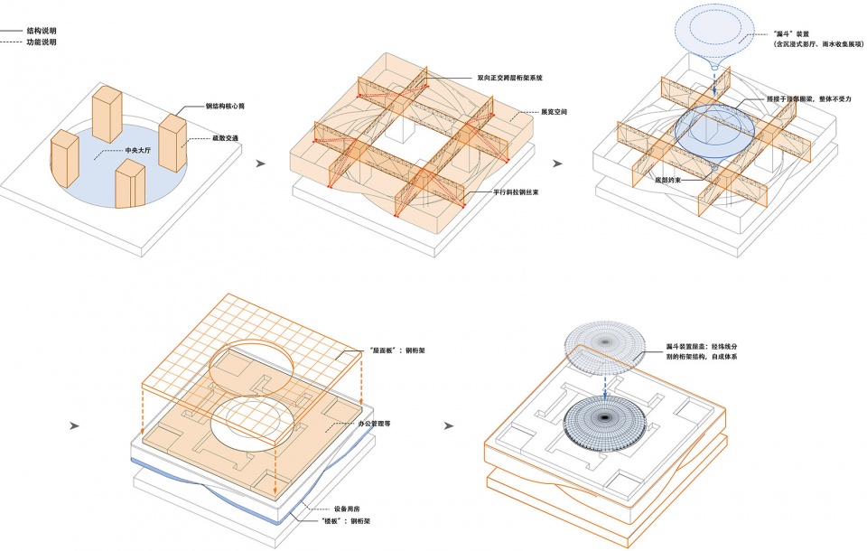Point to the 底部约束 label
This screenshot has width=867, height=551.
pyautogui.click(x=669, y=181)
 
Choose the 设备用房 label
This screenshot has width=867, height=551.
pyautogui.click(x=338, y=508)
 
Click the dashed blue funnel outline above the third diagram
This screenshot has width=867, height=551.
pyautogui.click(x=714, y=33)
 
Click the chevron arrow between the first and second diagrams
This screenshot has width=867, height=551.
pyautogui.click(x=261, y=164)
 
